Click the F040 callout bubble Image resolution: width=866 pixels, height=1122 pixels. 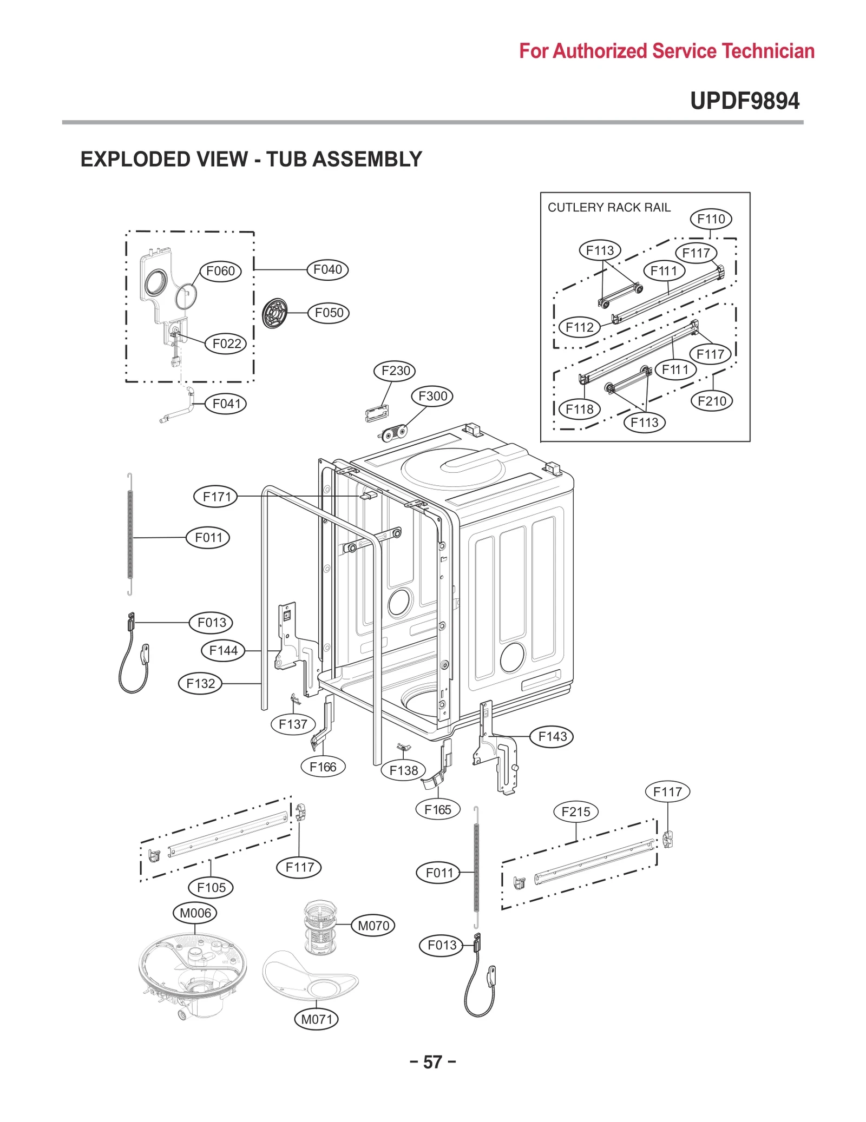(x=327, y=269)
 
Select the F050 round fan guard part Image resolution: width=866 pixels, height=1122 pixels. (x=274, y=313)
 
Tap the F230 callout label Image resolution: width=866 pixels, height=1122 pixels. (x=395, y=371)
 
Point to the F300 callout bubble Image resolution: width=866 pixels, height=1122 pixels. (x=432, y=396)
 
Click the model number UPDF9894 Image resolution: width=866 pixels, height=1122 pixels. (x=744, y=101)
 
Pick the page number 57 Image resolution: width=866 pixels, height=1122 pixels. (x=432, y=1062)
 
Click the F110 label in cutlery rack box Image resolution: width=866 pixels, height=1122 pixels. (x=711, y=219)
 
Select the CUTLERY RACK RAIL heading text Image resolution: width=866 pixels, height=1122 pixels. (x=609, y=208)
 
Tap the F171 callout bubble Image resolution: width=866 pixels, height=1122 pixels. (x=216, y=497)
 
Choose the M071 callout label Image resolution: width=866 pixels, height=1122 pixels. (x=317, y=1019)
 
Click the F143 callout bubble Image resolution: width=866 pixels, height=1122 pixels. (x=552, y=737)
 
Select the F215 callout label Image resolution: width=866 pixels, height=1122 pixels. (x=575, y=811)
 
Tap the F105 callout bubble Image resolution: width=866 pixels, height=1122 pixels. (x=211, y=887)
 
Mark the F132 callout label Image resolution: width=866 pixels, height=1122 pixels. (x=200, y=684)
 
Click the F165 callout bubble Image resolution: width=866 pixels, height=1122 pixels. (x=437, y=810)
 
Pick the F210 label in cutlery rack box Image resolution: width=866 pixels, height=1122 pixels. (x=711, y=401)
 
